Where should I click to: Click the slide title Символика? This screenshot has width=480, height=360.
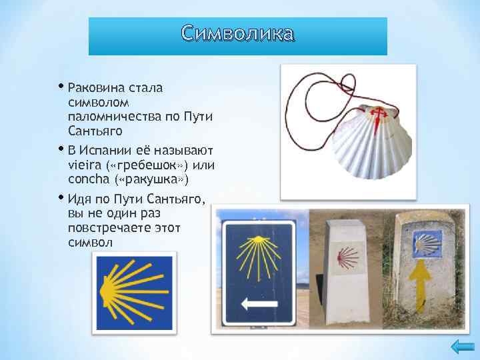pyautogui.click(x=238, y=33)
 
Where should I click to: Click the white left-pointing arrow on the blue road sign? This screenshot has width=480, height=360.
pyautogui.click(x=259, y=303)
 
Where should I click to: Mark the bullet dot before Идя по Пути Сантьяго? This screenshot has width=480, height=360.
pyautogui.click(x=61, y=197)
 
